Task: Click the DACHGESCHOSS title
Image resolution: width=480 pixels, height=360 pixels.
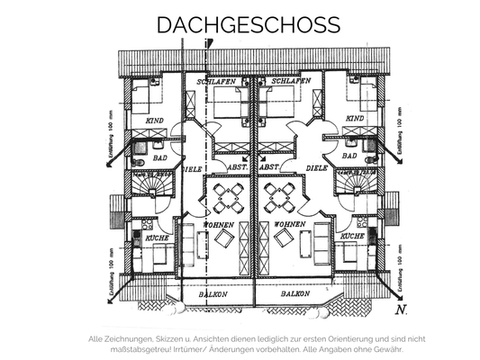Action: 240,23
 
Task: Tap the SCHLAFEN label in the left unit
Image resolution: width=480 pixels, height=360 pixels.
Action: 219,81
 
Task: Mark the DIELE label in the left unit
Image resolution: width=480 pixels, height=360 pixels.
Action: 192,166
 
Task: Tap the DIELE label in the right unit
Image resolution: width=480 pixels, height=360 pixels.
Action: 316,166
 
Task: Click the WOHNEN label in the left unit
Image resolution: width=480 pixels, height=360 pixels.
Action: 219,224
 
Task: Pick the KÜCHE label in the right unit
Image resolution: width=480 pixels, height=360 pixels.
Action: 353,236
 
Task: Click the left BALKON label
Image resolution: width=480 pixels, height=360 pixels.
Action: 217,294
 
